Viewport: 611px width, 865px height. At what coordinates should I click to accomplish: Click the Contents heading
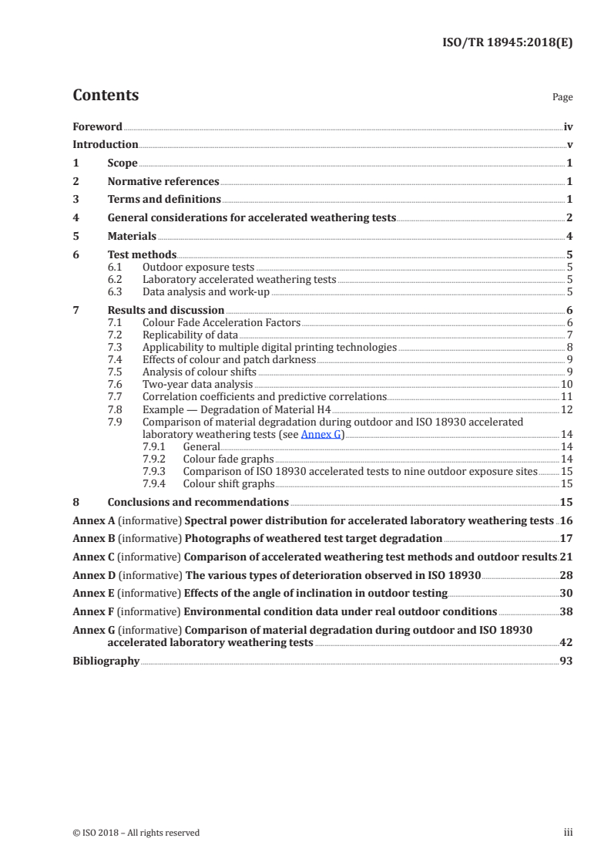(x=106, y=96)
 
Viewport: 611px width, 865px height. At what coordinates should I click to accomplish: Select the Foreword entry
(x=97, y=126)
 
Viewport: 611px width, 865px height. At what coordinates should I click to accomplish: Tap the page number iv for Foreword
(x=568, y=126)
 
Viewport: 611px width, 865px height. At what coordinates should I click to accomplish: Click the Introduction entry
(x=105, y=144)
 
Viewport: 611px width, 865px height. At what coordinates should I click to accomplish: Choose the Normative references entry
(x=163, y=182)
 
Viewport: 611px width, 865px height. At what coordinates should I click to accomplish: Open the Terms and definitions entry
(x=163, y=200)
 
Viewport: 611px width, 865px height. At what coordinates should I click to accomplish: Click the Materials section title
(x=132, y=237)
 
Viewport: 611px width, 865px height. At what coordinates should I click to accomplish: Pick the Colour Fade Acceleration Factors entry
(x=221, y=322)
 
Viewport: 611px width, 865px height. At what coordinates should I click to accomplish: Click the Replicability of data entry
(x=190, y=335)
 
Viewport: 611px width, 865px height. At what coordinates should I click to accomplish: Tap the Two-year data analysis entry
(x=197, y=384)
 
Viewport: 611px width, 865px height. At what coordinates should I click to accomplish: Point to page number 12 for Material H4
(x=566, y=409)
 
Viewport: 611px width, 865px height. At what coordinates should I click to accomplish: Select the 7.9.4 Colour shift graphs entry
(x=228, y=484)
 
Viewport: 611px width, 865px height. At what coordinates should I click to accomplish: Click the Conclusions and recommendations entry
(x=198, y=503)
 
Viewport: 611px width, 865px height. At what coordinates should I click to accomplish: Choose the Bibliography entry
(x=106, y=661)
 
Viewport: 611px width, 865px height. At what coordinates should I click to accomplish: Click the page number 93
(x=566, y=661)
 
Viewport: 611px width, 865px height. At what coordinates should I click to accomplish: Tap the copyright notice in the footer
(x=136, y=833)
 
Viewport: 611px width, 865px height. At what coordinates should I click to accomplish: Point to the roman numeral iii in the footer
(x=568, y=833)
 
